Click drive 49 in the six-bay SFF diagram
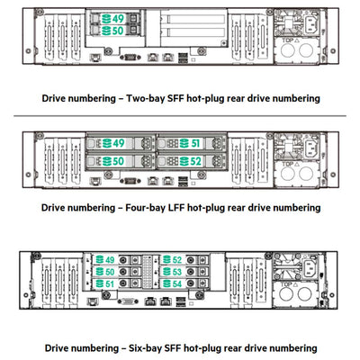tap(107, 260)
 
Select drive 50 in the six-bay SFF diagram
tap(107, 272)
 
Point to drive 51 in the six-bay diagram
tap(107, 283)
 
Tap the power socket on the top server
tap(315, 23)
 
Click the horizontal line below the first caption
tap(180, 115)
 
